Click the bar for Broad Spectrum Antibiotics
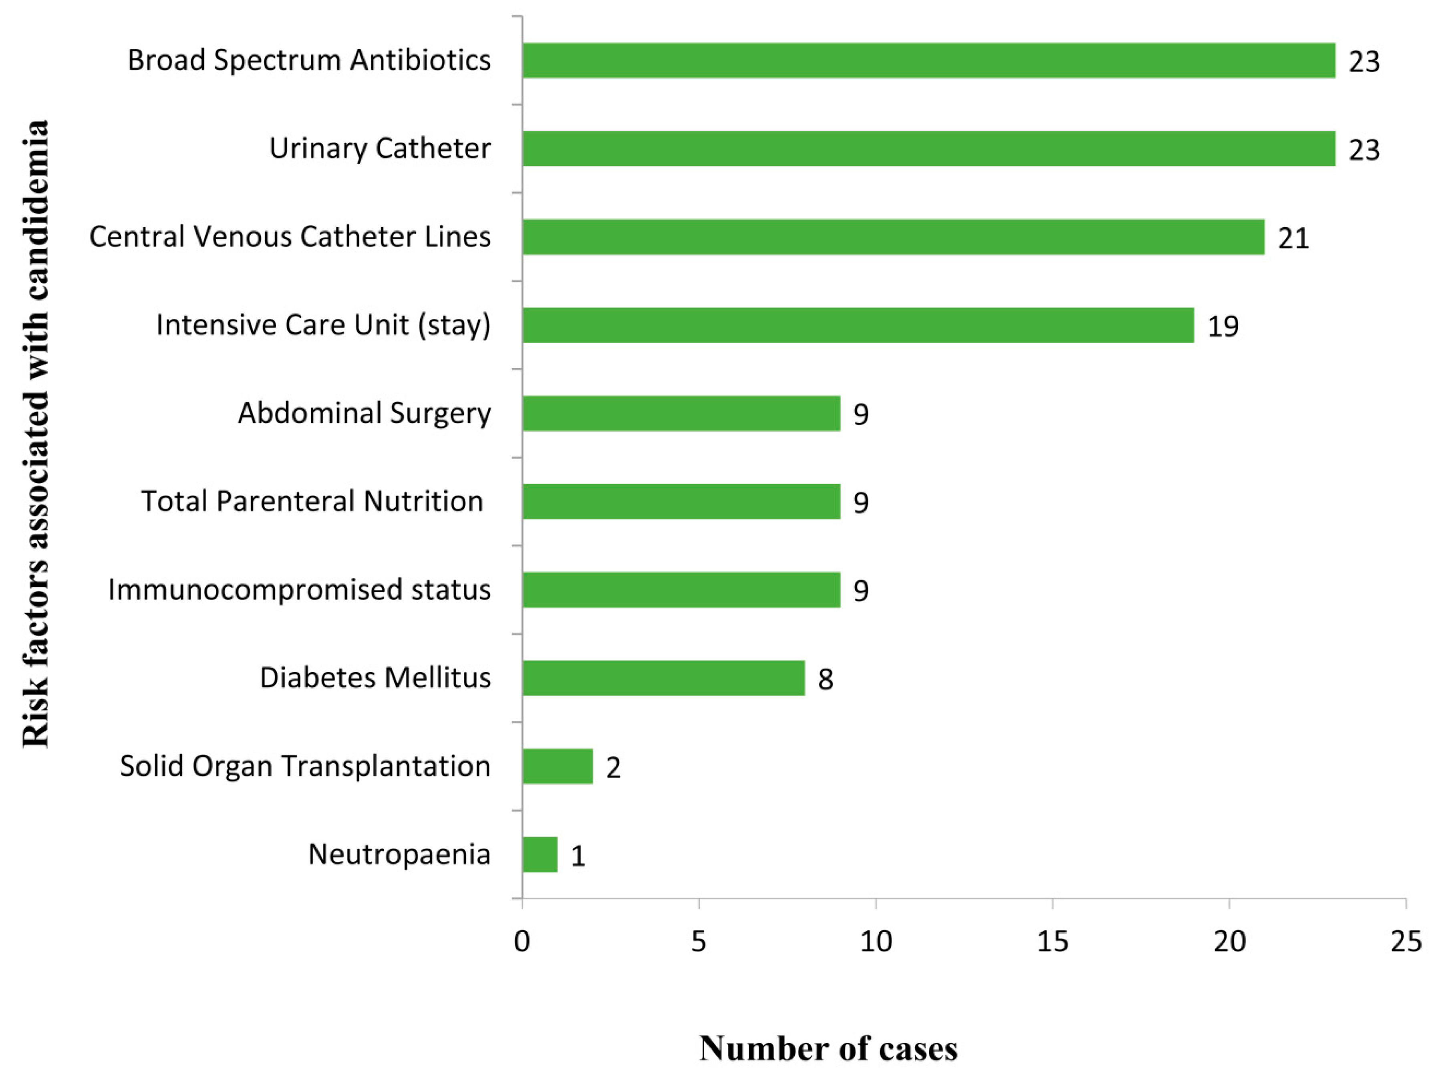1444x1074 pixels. tap(928, 61)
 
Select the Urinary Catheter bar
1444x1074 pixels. tap(928, 149)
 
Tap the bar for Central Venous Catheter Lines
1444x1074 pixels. tap(893, 237)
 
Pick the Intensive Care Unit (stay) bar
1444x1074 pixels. tap(858, 325)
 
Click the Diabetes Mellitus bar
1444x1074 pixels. tap(663, 678)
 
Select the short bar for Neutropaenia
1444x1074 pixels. tap(540, 854)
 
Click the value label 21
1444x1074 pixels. tap(1293, 238)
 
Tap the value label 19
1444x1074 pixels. tap(1223, 326)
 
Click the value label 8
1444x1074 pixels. tap(825, 679)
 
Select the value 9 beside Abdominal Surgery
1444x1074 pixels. tap(860, 414)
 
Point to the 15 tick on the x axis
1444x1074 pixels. tap(1052, 941)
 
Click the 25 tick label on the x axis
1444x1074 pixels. tap(1406, 941)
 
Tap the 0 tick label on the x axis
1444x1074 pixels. tap(522, 941)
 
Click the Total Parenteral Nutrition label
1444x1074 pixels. tap(312, 501)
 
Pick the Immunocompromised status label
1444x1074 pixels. tap(299, 589)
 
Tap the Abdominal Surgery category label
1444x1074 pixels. tap(364, 413)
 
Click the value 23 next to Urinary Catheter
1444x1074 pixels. tap(1364, 150)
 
